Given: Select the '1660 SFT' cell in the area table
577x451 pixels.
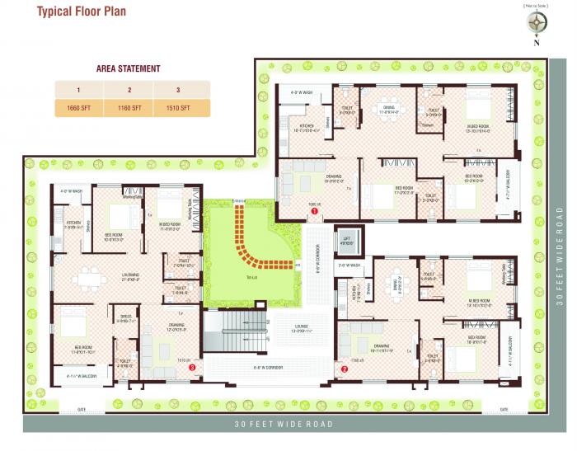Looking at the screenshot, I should pyautogui.click(x=78, y=108).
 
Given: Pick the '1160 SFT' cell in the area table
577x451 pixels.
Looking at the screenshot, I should pyautogui.click(x=130, y=108).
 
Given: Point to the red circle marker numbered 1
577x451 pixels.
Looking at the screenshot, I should pyautogui.click(x=314, y=212).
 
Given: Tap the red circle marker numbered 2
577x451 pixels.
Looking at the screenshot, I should pyautogui.click(x=345, y=369).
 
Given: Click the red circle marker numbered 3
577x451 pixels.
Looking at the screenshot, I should pyautogui.click(x=192, y=369).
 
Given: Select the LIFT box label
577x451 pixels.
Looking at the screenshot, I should pyautogui.click(x=346, y=242).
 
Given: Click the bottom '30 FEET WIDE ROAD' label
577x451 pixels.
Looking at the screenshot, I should pyautogui.click(x=284, y=424).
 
